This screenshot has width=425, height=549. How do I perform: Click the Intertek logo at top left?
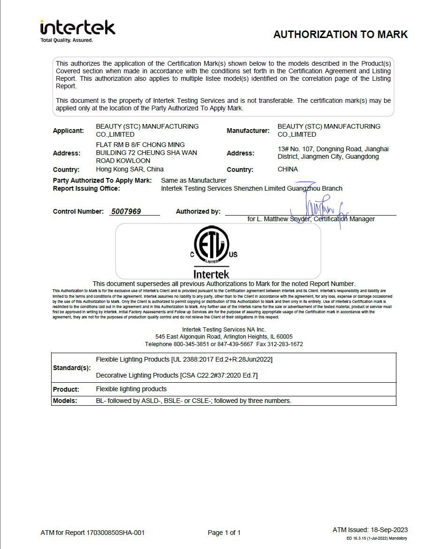pos(77,28)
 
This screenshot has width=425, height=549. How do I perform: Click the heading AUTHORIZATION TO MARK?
pos(340,34)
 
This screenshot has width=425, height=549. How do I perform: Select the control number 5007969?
pos(126,212)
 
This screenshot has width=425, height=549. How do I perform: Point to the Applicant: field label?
pos(68,131)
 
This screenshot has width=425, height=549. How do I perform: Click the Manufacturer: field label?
pos(248,131)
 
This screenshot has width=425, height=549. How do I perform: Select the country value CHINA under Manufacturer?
pos(288,169)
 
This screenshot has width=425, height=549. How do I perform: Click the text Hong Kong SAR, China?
pos(129,169)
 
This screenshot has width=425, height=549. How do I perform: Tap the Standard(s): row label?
pos(72,368)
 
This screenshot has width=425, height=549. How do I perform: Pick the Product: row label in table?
pos(66,389)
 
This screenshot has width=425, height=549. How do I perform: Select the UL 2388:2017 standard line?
pos(184,359)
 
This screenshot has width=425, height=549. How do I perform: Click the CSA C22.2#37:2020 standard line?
pos(176,375)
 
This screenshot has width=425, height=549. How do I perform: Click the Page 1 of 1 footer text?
pos(224,533)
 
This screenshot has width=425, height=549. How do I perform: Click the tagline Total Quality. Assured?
pos(67,40)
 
